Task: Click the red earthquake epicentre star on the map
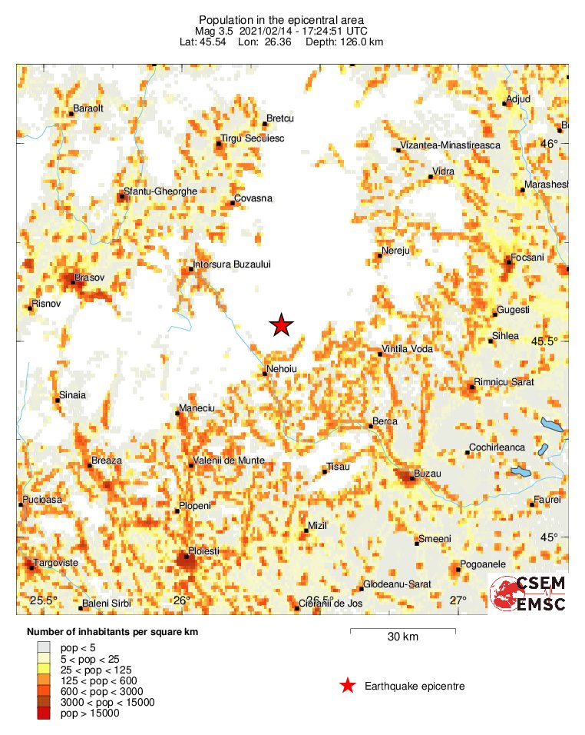pos(283,326)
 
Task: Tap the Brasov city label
pos(89,277)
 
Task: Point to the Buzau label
pos(428,474)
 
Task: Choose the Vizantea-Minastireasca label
pos(451,145)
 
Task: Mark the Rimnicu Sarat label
pos(505,382)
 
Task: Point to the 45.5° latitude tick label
pos(550,341)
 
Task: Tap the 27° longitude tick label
pos(458,600)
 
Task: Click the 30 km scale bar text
pos(402,637)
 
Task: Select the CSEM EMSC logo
pos(529,594)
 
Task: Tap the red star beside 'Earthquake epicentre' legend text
pos(348,686)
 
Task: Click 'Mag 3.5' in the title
pos(213,31)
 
